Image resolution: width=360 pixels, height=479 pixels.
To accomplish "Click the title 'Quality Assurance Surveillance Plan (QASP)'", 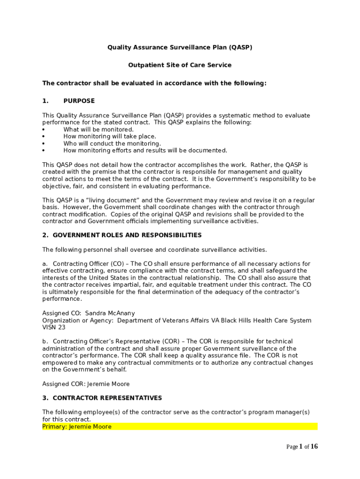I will (180, 47).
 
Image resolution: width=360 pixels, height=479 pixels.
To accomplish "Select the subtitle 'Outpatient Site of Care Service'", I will (180, 65).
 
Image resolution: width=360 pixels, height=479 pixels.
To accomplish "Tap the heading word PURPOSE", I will (79, 101).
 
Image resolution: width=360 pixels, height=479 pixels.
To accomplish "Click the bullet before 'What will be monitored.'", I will (43, 130).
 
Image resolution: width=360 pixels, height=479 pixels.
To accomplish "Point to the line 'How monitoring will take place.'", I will (110, 137).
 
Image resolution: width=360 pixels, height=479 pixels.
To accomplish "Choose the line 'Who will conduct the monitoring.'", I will (112, 144).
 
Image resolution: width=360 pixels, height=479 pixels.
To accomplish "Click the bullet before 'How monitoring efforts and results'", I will (43, 151).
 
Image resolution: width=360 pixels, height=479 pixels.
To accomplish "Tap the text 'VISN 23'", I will (54, 327).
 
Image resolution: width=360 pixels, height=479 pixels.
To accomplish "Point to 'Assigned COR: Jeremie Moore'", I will (86, 384).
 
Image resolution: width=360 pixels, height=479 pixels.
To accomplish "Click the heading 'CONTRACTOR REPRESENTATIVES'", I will (107, 398).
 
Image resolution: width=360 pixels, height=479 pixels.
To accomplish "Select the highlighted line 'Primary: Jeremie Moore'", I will (77, 427).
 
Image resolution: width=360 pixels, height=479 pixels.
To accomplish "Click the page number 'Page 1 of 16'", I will (302, 446).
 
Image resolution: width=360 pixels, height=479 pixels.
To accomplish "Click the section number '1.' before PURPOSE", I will (45, 101).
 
